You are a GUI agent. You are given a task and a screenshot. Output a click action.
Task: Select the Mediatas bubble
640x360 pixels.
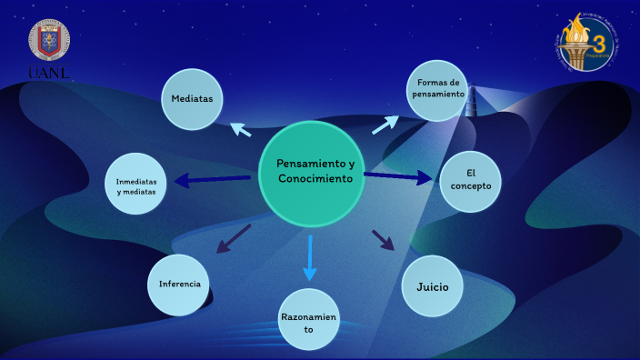[x=192, y=98]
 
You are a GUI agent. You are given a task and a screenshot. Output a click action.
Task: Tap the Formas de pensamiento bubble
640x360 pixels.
[x=437, y=89]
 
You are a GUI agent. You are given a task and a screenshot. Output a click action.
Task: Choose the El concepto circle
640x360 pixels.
[x=471, y=179]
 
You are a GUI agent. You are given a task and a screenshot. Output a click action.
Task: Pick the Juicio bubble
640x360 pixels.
[x=433, y=286]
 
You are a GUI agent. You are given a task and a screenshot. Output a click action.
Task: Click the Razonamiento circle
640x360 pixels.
[x=309, y=320]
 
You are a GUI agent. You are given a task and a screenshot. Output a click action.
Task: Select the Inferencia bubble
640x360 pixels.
[x=179, y=285]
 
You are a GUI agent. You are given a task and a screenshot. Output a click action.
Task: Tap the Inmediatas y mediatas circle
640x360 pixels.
[x=136, y=185]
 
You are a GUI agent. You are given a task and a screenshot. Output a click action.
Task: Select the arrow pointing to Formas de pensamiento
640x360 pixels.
[x=385, y=125]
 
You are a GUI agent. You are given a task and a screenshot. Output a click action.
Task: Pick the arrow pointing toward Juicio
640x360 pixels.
[x=384, y=240]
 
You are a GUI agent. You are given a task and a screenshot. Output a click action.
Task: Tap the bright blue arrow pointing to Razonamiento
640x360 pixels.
[x=310, y=257]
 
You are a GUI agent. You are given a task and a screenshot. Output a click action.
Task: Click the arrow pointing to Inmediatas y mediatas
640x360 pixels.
[x=213, y=180]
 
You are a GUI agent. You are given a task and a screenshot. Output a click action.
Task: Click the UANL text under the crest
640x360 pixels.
[x=51, y=72]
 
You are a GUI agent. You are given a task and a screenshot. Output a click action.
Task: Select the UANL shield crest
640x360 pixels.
[x=50, y=40]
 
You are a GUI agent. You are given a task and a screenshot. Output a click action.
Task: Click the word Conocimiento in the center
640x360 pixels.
[x=315, y=180]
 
